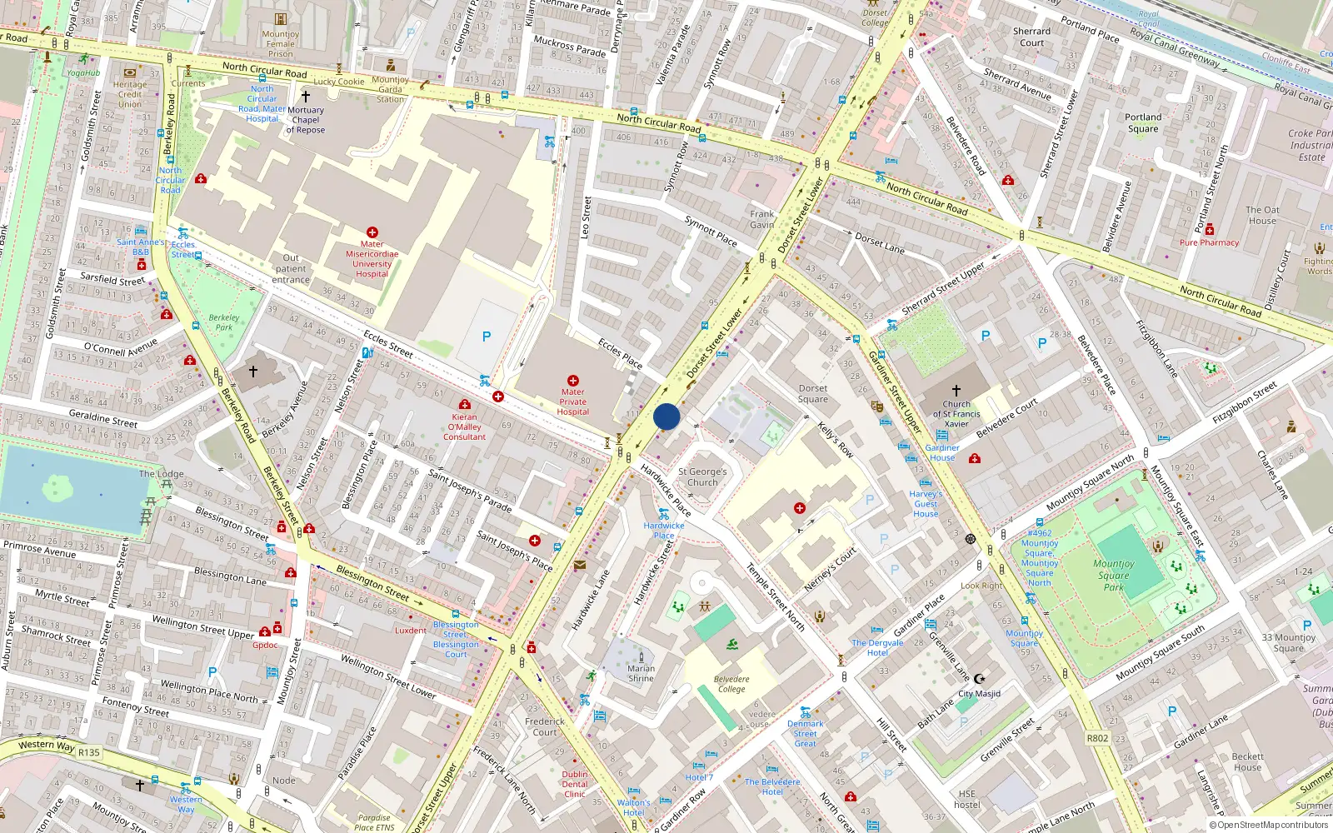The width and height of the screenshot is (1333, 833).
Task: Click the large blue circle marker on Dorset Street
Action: click(x=666, y=416)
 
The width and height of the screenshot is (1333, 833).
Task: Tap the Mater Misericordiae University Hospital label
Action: click(x=372, y=258)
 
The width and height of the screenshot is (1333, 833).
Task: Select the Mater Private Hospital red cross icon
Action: click(x=573, y=381)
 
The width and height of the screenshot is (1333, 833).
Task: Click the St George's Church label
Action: click(x=702, y=476)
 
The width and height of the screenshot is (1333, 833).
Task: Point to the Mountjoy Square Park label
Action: click(x=1114, y=575)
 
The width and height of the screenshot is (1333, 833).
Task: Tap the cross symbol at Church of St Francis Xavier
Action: click(x=956, y=390)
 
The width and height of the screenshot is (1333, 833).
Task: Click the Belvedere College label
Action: click(x=731, y=684)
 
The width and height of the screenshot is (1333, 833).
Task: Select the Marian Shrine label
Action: click(x=641, y=673)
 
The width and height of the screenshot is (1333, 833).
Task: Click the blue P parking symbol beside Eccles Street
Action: click(x=487, y=337)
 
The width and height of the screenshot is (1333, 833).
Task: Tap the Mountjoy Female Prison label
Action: click(x=281, y=44)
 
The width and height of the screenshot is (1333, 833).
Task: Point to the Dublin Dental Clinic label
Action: click(x=575, y=784)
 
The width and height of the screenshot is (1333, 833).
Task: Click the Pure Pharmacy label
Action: click(x=1209, y=242)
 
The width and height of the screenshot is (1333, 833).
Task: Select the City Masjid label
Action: click(x=979, y=693)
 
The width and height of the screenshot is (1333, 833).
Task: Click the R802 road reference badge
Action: click(x=1097, y=738)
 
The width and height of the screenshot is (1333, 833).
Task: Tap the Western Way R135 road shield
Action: click(x=88, y=752)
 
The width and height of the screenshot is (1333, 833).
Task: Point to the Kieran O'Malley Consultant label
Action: click(x=465, y=426)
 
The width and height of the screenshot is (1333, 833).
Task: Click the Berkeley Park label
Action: click(x=223, y=322)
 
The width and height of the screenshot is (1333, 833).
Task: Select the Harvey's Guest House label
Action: click(x=926, y=504)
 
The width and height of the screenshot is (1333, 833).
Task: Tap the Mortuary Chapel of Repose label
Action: click(x=306, y=120)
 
